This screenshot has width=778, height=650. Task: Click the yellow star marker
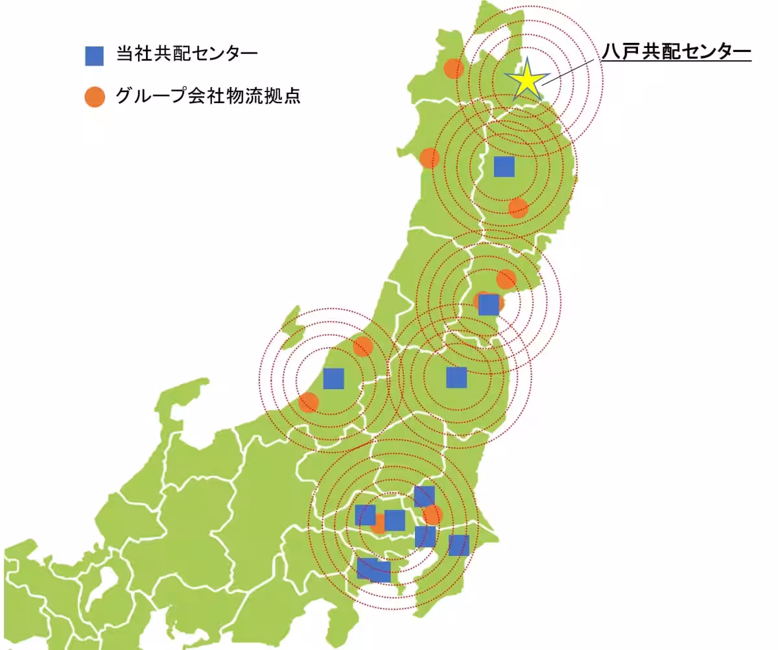(528, 80)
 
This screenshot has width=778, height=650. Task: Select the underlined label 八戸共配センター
(676, 52)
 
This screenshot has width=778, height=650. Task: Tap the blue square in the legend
(94, 56)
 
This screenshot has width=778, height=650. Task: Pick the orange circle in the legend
(94, 97)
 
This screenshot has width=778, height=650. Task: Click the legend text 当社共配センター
(187, 54)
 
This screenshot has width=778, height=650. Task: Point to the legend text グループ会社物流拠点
(207, 96)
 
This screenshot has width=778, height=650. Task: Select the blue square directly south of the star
(504, 166)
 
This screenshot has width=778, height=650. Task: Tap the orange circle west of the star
(453, 68)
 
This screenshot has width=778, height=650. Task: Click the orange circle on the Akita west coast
(429, 158)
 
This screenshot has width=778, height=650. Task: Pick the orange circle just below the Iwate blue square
(518, 208)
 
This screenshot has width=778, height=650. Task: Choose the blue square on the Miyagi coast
(489, 304)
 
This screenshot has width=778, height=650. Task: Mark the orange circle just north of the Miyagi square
(506, 280)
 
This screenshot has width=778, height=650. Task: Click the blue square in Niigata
(333, 378)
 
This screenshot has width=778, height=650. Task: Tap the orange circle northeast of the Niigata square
(362, 346)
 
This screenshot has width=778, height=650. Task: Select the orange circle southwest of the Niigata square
(309, 402)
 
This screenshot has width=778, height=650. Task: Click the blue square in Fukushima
(456, 377)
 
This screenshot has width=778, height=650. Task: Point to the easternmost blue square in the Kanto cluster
(458, 545)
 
